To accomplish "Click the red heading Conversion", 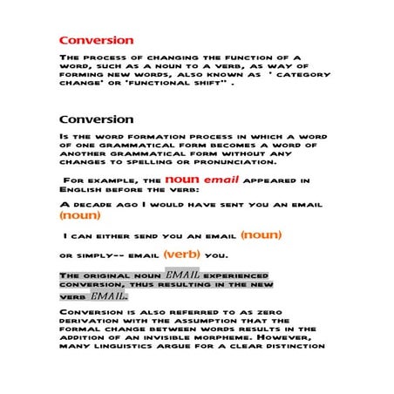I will [96, 40].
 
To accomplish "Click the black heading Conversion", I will [96, 119].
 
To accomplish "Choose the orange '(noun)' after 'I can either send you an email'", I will [262, 234].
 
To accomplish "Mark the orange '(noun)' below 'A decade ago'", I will [79, 214].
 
